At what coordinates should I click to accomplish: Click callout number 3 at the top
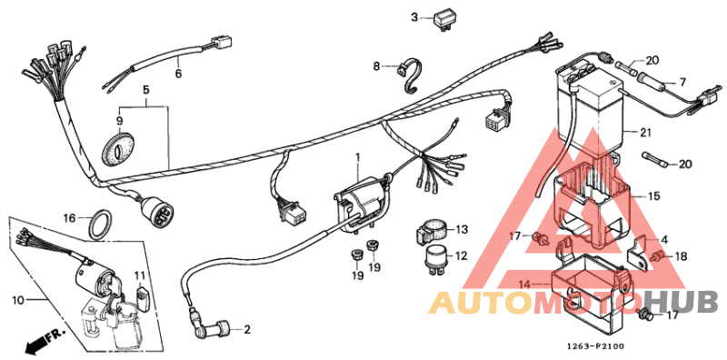[x=414, y=17]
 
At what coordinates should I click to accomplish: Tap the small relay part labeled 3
[x=445, y=18]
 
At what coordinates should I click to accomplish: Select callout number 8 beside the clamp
[x=376, y=66]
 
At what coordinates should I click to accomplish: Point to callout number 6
[x=178, y=74]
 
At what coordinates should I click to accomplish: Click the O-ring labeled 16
[x=101, y=221]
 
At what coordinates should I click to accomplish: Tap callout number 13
[x=461, y=229]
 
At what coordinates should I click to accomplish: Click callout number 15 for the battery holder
[x=652, y=195]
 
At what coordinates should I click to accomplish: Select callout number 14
[x=523, y=285]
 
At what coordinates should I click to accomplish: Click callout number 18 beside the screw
[x=682, y=257]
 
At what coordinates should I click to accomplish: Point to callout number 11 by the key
[x=140, y=275]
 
